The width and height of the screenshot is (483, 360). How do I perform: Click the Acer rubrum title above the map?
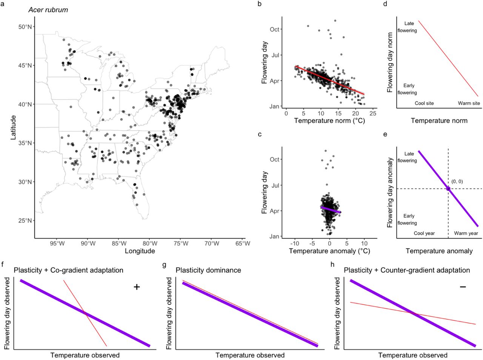(x=48, y=10)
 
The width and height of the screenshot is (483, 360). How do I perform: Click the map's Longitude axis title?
(x=140, y=251)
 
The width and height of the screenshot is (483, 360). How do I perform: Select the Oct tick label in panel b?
(x=274, y=29)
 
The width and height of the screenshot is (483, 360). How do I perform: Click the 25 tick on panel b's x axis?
(x=373, y=113)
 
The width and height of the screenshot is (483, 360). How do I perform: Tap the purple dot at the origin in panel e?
(x=448, y=188)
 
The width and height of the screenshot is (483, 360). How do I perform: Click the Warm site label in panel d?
(x=469, y=103)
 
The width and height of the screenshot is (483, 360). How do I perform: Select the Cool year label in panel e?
(x=424, y=233)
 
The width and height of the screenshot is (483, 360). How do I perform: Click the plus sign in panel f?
(x=137, y=287)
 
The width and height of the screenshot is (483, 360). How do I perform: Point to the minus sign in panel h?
(x=463, y=287)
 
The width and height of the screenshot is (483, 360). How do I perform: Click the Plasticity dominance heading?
(x=208, y=270)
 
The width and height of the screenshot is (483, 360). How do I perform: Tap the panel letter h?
(x=332, y=265)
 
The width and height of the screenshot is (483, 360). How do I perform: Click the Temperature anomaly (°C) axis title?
(x=329, y=251)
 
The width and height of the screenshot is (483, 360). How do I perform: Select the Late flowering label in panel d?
(x=407, y=27)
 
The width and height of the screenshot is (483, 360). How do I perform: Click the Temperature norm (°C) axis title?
(x=329, y=121)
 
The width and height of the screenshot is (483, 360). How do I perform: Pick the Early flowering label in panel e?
(x=407, y=219)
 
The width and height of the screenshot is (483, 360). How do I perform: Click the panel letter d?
(x=385, y=4)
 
